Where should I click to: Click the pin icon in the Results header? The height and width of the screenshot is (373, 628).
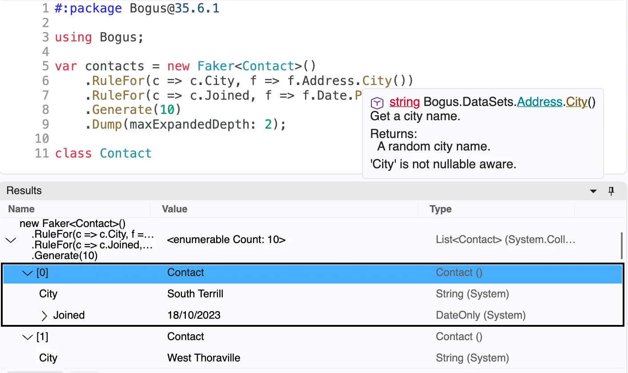[611, 191]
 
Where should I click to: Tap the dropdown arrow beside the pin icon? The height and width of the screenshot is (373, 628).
[593, 191]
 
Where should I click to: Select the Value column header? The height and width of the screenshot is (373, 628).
[174, 209]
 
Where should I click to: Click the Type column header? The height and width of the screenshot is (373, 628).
[440, 209]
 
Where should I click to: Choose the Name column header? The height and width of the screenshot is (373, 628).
[21, 209]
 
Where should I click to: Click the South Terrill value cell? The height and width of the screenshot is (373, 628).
[195, 294]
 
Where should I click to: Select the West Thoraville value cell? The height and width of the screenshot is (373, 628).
[204, 358]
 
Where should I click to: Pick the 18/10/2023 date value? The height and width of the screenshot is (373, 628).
[194, 315]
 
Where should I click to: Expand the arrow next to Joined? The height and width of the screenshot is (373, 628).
[44, 316]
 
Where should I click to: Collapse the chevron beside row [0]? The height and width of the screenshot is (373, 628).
[28, 273]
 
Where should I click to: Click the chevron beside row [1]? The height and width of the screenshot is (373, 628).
[28, 337]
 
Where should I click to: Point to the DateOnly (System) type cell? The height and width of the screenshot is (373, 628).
[480, 315]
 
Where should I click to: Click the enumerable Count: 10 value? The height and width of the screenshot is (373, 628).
[226, 239]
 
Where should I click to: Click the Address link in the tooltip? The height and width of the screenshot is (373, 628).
[539, 102]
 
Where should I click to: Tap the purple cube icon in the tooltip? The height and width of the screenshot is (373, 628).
[377, 103]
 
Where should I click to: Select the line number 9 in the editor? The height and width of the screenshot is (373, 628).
[45, 124]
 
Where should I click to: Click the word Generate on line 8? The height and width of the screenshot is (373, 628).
[122, 110]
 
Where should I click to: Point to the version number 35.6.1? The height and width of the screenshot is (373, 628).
[197, 8]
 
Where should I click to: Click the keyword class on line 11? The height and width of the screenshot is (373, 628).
[73, 153]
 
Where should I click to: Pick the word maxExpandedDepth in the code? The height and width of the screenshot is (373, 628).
[189, 124]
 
